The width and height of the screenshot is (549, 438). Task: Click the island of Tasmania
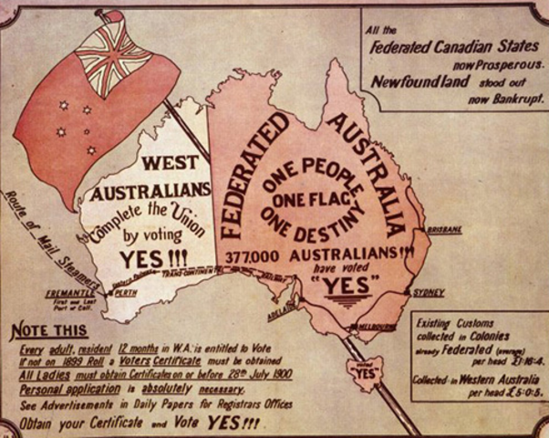367,371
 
